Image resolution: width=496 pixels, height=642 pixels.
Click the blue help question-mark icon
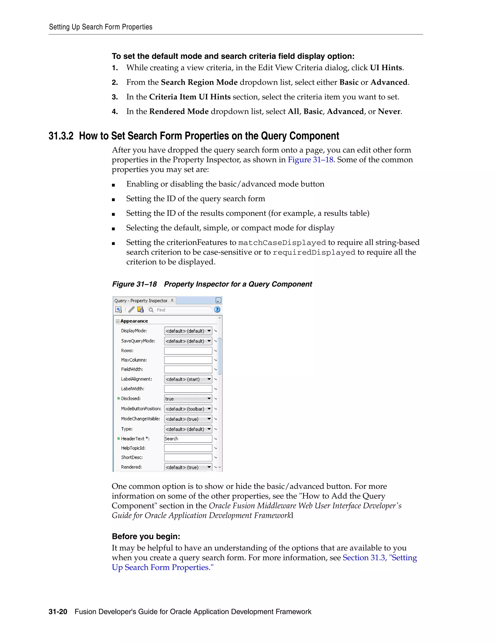click(x=217, y=310)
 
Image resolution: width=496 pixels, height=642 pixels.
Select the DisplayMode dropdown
click(x=188, y=331)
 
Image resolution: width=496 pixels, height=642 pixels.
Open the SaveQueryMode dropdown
click(x=188, y=341)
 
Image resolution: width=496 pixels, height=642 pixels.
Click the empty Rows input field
click(x=188, y=351)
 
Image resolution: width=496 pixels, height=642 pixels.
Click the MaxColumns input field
click(x=188, y=360)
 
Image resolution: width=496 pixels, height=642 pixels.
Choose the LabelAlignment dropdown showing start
click(x=188, y=379)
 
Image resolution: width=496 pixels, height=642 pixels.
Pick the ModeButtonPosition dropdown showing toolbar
click(x=188, y=409)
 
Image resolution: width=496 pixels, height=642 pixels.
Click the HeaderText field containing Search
click(x=188, y=438)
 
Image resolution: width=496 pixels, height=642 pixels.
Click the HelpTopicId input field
click(x=188, y=448)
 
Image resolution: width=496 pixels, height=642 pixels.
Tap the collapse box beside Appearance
click(x=117, y=321)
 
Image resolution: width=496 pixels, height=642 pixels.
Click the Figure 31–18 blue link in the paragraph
click(x=310, y=160)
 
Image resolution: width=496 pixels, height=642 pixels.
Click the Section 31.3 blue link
click(x=364, y=558)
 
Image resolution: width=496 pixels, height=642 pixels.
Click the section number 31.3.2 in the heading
click(x=61, y=136)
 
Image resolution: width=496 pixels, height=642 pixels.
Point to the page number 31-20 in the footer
click(x=58, y=612)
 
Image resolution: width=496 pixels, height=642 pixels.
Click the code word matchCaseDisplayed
click(x=282, y=243)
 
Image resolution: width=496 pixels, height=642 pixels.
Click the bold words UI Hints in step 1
click(x=386, y=68)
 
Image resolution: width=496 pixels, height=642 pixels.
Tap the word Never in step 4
click(x=389, y=112)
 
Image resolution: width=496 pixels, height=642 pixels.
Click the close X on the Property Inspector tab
click(x=172, y=300)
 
